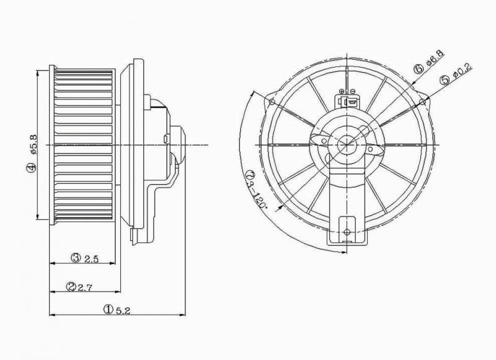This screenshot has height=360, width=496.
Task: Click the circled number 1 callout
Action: coord(108,309)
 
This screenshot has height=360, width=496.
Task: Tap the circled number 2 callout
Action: coord(71,287)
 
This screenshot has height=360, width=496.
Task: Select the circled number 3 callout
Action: coord(76,258)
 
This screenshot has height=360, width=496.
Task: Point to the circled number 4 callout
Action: coord(30,167)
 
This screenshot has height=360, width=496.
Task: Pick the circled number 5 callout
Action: coord(445,80)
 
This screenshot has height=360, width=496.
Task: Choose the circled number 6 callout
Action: coord(418,68)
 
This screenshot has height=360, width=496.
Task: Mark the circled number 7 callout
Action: coord(250,174)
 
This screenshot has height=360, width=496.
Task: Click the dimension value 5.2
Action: coord(123,310)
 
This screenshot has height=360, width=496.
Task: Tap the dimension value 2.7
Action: coord(84,288)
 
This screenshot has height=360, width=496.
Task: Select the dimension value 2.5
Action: coord(92,259)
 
